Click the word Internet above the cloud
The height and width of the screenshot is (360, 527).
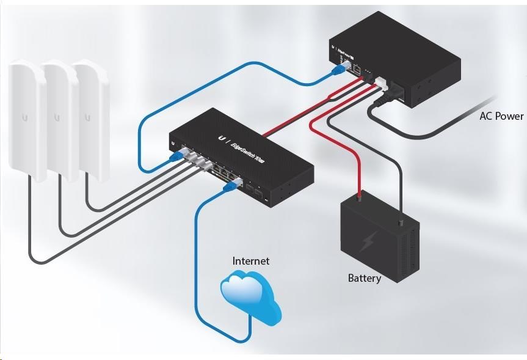click(250, 261)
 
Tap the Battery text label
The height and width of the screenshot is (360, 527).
click(365, 279)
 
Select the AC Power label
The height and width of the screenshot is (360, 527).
click(501, 116)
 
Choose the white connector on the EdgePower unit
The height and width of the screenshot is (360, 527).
click(380, 82)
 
